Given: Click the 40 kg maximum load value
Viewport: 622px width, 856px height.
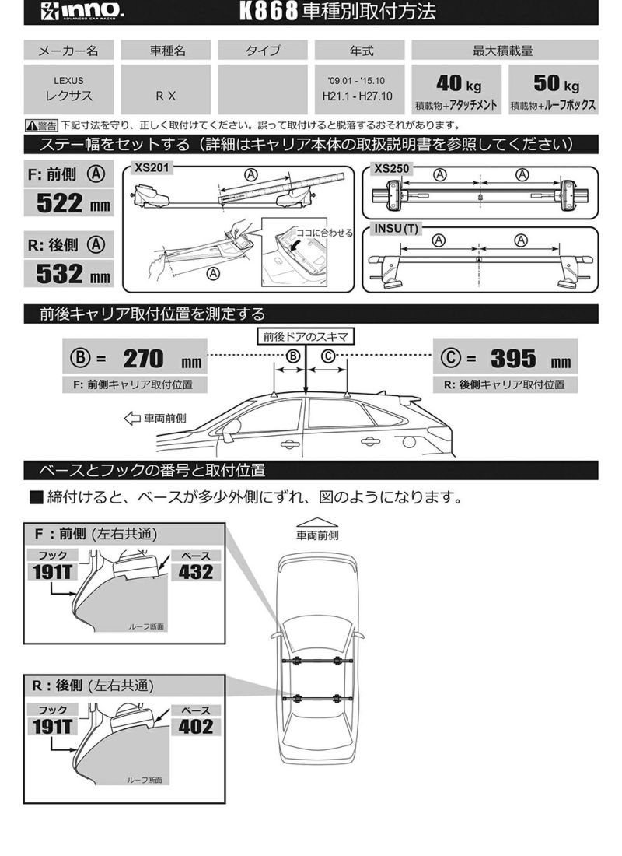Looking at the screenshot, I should pyautogui.click(x=458, y=83).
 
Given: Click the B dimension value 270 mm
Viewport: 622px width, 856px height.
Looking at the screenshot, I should pyautogui.click(x=144, y=359).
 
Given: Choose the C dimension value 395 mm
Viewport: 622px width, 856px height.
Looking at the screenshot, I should pyautogui.click(x=513, y=359).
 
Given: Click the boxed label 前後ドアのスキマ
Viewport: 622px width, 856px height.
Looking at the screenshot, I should pyautogui.click(x=306, y=335).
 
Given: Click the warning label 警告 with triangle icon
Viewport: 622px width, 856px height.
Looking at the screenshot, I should pyautogui.click(x=41, y=125).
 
